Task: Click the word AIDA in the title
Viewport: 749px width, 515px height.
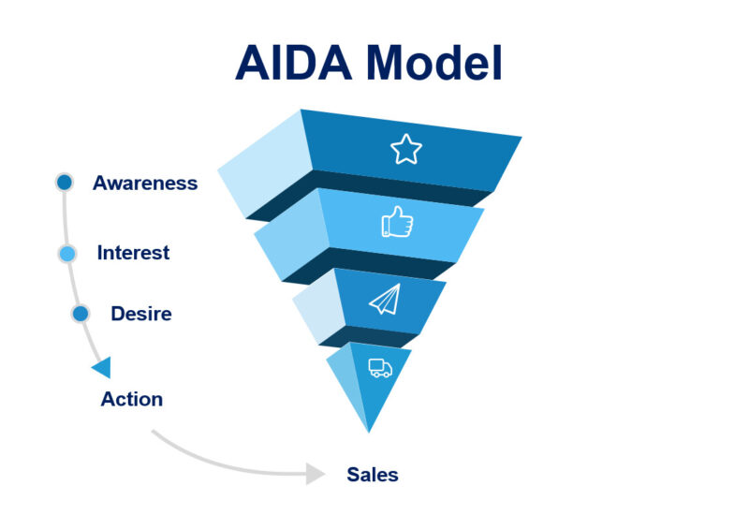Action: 293,63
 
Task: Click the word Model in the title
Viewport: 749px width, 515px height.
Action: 434,63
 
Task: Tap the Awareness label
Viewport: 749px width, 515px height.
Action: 145,183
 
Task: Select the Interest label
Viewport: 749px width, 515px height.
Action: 133,252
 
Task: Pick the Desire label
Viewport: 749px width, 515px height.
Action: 141,314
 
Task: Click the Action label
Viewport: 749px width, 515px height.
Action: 132,399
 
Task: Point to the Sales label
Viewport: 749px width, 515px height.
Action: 373,475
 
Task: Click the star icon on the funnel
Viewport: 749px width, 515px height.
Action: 406,149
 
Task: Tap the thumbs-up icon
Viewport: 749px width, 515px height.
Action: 397,222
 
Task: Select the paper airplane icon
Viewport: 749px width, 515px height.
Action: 385,300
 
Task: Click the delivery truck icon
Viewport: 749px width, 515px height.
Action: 380,368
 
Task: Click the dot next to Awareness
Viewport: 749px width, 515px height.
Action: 65,182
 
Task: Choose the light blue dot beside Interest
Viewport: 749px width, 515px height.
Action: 67,253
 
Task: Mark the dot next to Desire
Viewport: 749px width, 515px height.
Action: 81,314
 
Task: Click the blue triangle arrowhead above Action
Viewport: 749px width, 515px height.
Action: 102,367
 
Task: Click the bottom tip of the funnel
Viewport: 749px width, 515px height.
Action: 369,433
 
